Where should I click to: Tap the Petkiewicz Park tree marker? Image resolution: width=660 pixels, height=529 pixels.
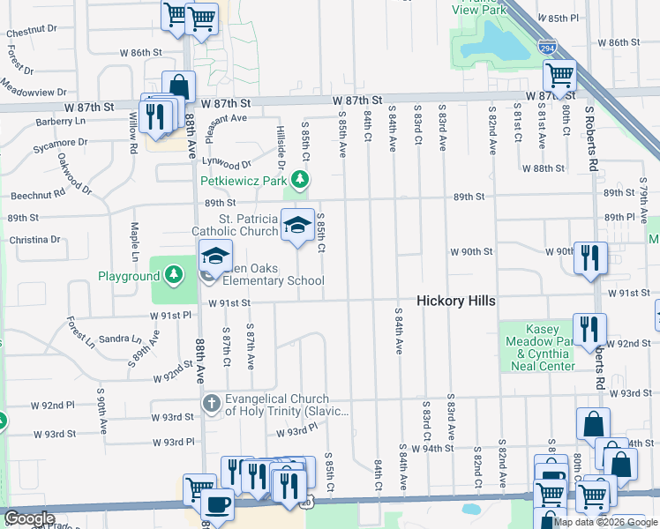coord(301,181)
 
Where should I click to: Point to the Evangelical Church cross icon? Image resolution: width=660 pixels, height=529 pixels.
coord(212,405)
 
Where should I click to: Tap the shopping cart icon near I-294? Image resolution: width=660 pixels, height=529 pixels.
coord(559,76)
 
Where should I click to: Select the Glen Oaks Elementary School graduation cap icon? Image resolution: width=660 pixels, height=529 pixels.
coord(214,256)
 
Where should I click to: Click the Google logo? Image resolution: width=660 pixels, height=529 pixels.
coord(29,519)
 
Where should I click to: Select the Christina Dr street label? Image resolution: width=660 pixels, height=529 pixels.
coord(34,239)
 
